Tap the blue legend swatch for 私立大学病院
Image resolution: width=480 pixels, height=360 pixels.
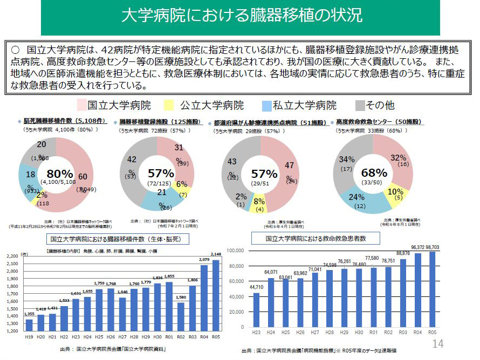click(266, 105)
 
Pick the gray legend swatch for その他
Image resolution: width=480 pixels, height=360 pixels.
click(360, 105)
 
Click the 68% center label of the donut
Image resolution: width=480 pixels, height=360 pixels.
click(374, 173)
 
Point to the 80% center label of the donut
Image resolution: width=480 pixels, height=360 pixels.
click(59, 174)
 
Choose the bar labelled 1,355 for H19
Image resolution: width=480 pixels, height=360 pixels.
click(29, 325)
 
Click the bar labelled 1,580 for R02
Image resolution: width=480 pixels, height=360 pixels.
click(181, 316)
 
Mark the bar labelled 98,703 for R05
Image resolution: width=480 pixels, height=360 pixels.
click(432, 289)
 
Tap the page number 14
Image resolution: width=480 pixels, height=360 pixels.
click(437, 344)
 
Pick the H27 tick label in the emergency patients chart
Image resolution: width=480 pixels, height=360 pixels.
click(314, 331)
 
